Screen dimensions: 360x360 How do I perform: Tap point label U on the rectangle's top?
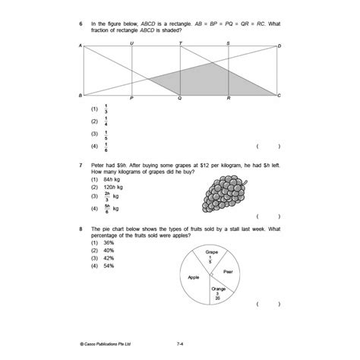(x=132, y=43)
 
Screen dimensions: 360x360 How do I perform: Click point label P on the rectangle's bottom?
(x=132, y=99)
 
